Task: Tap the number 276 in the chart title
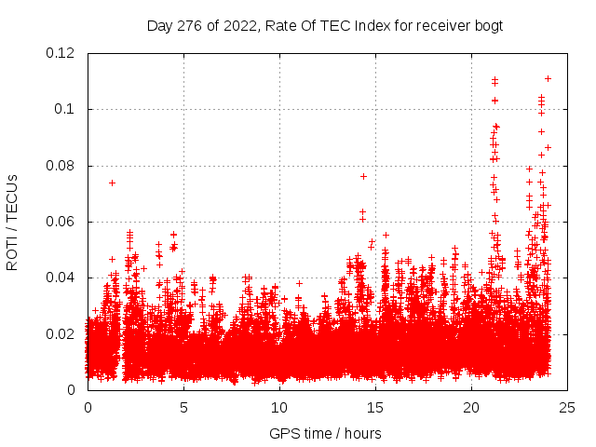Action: [x=187, y=25]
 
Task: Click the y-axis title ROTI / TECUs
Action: [x=12, y=223]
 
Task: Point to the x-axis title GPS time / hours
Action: [x=325, y=433]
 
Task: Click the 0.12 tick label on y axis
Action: [x=62, y=53]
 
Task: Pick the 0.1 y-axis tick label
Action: [x=69, y=109]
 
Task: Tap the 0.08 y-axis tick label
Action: [x=62, y=166]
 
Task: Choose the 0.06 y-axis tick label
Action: [x=62, y=222]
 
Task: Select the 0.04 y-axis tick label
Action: [x=62, y=278]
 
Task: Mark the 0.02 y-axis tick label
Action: [x=62, y=333]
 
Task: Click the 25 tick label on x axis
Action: [x=567, y=408]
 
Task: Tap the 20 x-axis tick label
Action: [x=471, y=408]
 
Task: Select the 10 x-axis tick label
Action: [x=279, y=408]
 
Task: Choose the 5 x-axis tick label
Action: [x=183, y=408]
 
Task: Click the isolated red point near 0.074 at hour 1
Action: [x=112, y=183]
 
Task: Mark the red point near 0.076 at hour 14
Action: [x=363, y=176]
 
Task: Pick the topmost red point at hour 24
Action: [x=548, y=78]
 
